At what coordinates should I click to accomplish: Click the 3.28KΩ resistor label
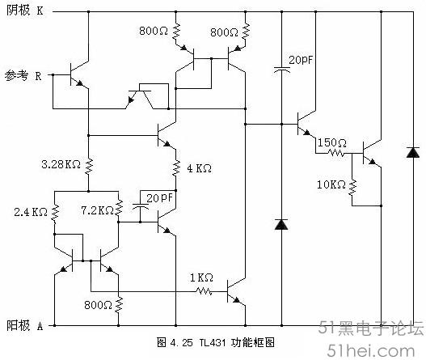61,164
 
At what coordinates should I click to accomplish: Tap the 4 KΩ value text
199,168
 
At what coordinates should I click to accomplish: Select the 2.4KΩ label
31,212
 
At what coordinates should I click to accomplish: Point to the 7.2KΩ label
97,210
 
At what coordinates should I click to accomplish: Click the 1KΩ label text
201,277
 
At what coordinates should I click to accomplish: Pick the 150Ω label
332,142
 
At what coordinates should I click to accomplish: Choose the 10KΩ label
331,184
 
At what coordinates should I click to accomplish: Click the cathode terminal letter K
40,11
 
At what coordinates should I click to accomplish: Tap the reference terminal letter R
38,76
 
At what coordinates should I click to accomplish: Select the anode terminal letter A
40,326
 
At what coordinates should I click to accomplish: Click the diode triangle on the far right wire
413,153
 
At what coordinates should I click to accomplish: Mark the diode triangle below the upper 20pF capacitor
281,225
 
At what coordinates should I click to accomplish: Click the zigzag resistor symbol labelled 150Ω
336,153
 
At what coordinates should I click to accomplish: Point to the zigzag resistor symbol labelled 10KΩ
352,188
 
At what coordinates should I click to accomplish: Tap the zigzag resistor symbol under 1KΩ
204,292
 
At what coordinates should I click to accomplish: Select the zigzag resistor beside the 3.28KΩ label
89,166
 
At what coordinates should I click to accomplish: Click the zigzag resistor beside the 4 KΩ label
176,168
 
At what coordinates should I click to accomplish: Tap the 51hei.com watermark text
371,351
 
